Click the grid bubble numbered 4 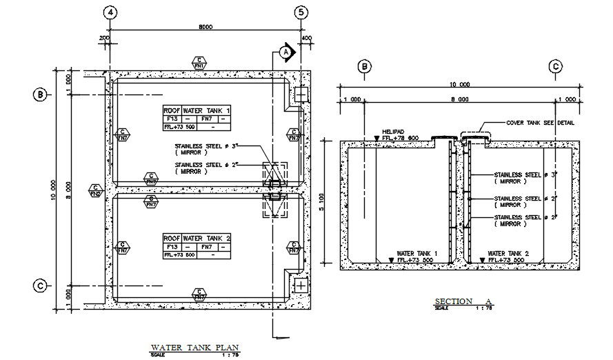tap(111, 12)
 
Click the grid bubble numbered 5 tap(301, 12)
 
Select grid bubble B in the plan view tap(41, 94)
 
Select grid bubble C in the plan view tap(41, 286)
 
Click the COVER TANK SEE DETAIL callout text tap(540, 123)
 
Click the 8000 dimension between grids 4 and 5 tap(205, 27)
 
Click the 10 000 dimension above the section tap(460, 85)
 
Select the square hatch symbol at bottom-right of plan tap(301, 285)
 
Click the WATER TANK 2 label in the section tap(508, 254)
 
